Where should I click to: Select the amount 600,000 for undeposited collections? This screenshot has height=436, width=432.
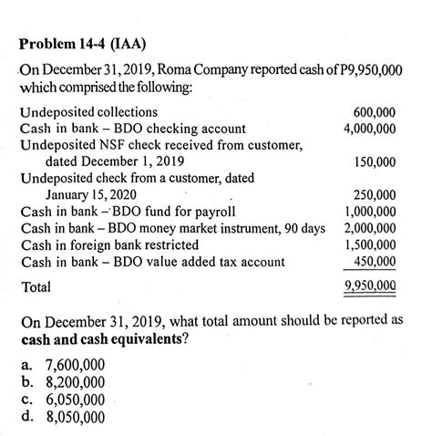coord(373,112)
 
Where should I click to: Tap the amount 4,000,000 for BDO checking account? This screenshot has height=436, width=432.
coord(369,129)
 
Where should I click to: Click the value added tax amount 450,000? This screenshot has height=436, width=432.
coord(374,262)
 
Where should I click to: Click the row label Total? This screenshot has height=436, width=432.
coord(36,286)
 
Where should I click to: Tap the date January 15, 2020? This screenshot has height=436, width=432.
coord(91,195)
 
